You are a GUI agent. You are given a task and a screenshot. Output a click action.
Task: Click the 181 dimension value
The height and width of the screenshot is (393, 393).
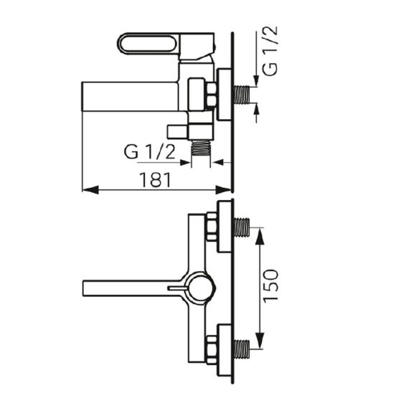(156, 179)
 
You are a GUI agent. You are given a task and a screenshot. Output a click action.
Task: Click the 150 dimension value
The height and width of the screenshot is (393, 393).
(270, 285)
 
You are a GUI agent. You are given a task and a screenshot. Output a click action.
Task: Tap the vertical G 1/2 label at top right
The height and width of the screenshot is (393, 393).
(270, 51)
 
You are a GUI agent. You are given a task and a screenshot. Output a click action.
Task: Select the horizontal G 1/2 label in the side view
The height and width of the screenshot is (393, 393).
(150, 151)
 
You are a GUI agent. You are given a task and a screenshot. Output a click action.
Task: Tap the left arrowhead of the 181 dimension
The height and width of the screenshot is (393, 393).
(90, 190)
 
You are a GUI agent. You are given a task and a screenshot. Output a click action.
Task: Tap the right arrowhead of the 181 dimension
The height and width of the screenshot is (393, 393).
(223, 190)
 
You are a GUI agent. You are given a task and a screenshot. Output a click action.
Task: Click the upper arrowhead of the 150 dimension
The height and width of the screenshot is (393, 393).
(260, 236)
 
